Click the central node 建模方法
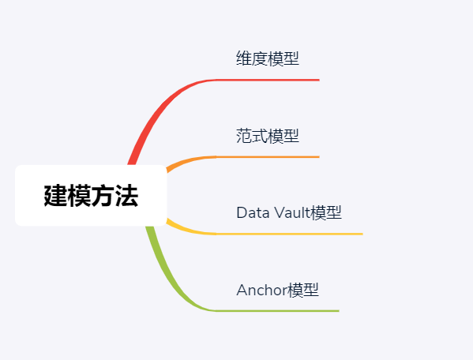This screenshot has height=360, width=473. click(91, 195)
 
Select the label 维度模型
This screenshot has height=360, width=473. click(268, 58)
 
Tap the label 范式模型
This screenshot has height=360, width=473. click(268, 136)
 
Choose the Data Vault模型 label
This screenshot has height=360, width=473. click(289, 213)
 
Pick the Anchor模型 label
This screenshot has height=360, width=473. click(277, 290)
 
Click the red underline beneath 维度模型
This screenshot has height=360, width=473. click(268, 80)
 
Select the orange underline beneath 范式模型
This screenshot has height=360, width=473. click(268, 157)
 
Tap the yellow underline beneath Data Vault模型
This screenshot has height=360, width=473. click(289, 234)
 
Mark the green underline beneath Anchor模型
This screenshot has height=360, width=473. click(277, 310)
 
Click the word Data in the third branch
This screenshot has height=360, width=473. click(253, 213)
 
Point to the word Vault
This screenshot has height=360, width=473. click(292, 213)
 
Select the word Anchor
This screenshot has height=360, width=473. click(261, 290)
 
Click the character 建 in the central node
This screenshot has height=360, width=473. click(56, 196)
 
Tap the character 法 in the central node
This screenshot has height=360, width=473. click(126, 196)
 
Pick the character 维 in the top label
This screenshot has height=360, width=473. click(244, 58)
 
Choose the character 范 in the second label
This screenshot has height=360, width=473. click(244, 136)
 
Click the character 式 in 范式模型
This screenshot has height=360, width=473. click(260, 136)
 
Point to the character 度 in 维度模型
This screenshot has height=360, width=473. click(260, 58)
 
